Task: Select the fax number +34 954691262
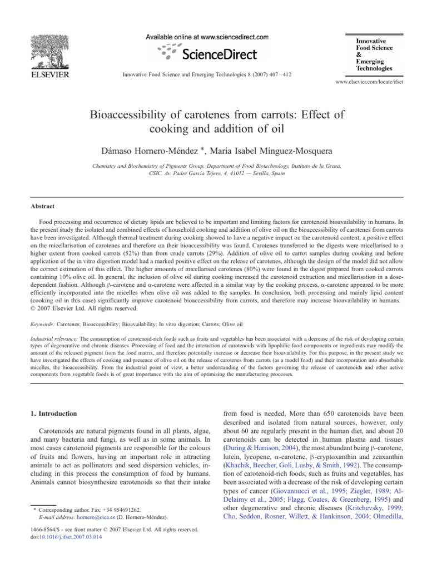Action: click(122, 525)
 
